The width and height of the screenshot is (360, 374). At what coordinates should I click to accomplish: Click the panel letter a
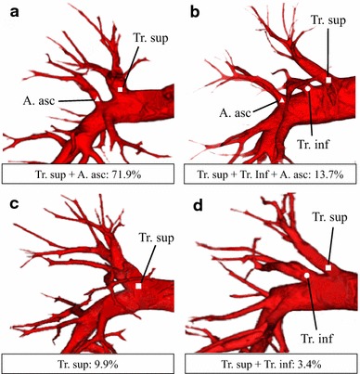coord(8,11)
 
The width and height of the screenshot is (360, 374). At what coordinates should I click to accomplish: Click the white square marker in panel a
coord(121,89)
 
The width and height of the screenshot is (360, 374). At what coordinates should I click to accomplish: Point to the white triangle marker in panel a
coord(96,97)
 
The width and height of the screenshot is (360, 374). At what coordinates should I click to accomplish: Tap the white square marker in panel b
coord(328,82)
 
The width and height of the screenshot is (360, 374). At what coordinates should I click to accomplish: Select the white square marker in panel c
coord(137,288)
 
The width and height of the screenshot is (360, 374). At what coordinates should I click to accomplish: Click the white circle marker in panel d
coord(305,276)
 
